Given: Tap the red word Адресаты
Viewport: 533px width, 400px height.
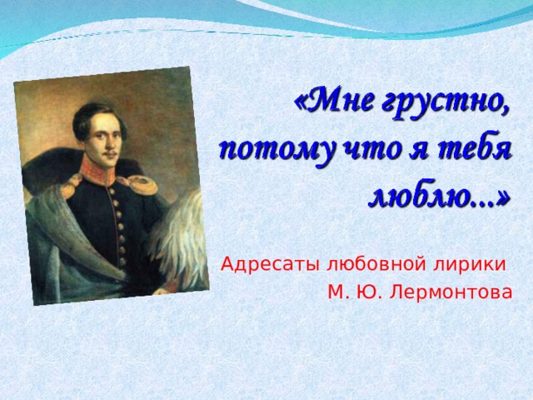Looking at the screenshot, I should click(x=270, y=265).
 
